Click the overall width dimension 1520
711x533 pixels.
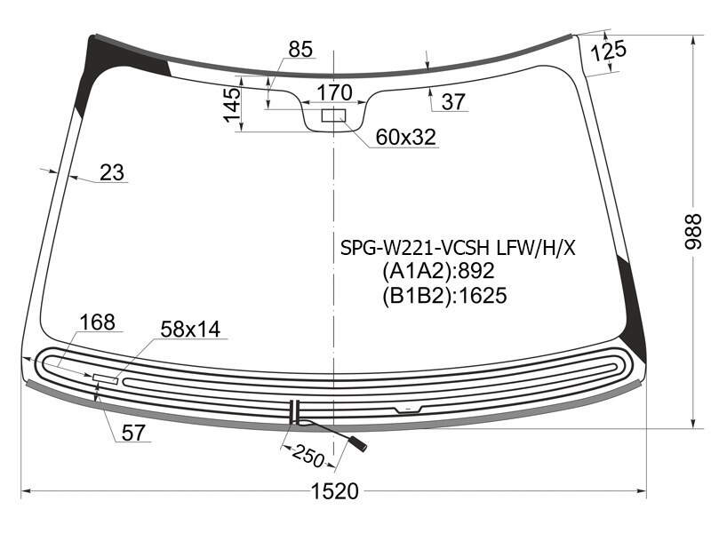tap(335, 491)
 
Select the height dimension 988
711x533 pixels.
tap(693, 232)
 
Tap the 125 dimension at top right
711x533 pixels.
tap(609, 51)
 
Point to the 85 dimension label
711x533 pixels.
tap(300, 50)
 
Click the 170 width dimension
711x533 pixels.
tap(334, 92)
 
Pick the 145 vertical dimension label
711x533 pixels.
tap(232, 105)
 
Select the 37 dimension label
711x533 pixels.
tap(453, 101)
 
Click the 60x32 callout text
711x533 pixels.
tap(406, 137)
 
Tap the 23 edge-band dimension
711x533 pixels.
tap(112, 172)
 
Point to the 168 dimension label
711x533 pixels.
tap(97, 322)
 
